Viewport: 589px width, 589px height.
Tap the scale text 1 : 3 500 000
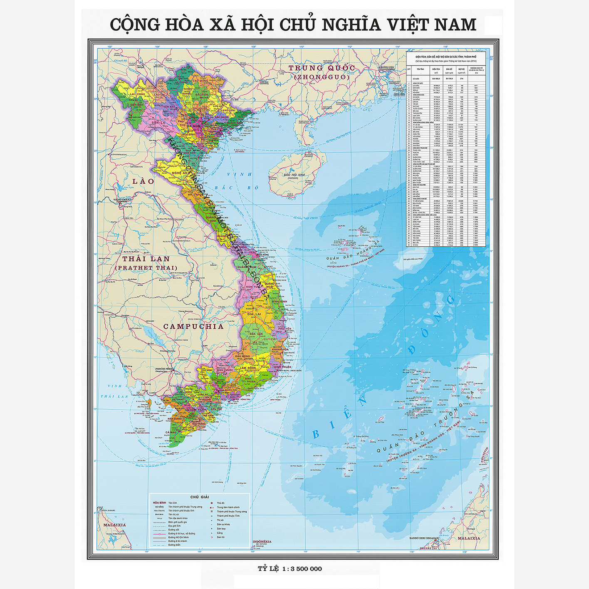click(x=302, y=569)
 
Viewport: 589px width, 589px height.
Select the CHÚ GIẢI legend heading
click(x=200, y=497)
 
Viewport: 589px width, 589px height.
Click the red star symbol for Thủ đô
click(x=212, y=503)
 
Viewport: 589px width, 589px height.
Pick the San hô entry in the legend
click(x=220, y=537)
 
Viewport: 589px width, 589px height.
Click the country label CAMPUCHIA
click(x=193, y=327)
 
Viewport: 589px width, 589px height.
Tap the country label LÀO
click(x=143, y=181)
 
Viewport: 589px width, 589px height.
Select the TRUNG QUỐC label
click(x=322, y=68)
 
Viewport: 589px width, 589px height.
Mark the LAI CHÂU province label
click(x=138, y=94)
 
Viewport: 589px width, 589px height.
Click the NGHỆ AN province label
click(x=179, y=173)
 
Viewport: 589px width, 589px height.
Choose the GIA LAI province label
click(x=254, y=314)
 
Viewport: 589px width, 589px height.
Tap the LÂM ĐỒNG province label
click(x=248, y=368)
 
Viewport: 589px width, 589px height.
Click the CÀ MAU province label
click(x=171, y=433)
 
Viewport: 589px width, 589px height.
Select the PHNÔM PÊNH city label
click(x=163, y=369)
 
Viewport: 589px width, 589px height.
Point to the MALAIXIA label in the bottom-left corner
click(x=114, y=525)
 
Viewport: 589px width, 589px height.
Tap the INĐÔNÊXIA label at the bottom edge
click(x=262, y=541)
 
